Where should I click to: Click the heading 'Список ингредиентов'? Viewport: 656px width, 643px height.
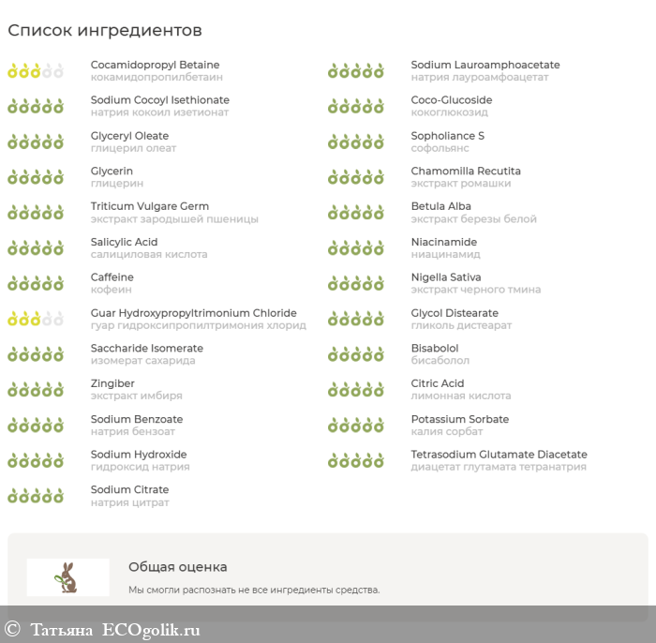click(x=105, y=31)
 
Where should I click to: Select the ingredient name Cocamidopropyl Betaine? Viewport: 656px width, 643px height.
click(x=155, y=65)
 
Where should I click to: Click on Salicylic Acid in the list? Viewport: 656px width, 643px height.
click(x=124, y=242)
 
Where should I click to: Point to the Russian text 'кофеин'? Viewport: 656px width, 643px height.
click(x=112, y=290)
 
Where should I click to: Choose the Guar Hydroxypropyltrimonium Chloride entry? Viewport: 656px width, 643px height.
click(x=193, y=313)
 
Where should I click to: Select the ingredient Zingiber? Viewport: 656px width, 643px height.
click(x=112, y=383)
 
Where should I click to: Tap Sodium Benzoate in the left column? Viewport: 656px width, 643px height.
click(x=137, y=419)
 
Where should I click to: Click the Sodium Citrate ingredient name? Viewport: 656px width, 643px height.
click(x=129, y=489)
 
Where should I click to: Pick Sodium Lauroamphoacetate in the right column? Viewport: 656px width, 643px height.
click(x=485, y=65)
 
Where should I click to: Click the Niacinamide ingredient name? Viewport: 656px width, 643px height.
click(x=443, y=242)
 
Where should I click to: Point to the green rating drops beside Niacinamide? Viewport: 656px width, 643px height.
click(x=356, y=248)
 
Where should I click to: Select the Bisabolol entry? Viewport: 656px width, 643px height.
click(x=434, y=348)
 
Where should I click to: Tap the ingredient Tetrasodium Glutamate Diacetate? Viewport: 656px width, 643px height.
click(x=499, y=455)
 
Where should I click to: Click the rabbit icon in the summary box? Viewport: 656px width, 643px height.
click(x=67, y=577)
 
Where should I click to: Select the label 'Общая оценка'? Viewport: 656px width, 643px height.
click(x=177, y=567)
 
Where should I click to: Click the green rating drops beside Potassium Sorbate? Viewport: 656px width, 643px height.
click(x=356, y=426)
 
